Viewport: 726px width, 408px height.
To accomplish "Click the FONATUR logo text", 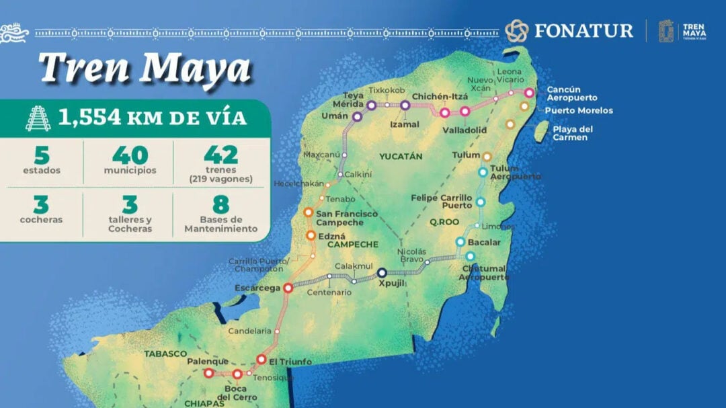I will (x=583, y=30).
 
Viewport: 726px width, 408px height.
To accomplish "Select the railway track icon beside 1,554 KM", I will (x=38, y=118).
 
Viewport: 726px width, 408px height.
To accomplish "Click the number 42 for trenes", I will (x=221, y=155).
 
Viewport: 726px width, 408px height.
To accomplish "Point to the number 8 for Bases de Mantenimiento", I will (x=220, y=204).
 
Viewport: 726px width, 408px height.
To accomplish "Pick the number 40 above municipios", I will (x=130, y=155).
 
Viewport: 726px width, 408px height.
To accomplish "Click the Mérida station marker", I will (x=371, y=105).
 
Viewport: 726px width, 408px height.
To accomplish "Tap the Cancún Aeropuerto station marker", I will (x=530, y=93).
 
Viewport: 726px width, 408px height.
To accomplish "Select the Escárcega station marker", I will (x=288, y=288).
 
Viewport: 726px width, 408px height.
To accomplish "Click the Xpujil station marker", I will (x=382, y=273).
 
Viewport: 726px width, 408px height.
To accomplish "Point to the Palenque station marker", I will (x=208, y=372).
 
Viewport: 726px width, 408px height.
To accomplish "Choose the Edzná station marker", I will (x=311, y=235).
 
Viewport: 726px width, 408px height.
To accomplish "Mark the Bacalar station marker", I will (x=460, y=241).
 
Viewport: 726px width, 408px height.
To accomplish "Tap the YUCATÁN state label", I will (x=401, y=156).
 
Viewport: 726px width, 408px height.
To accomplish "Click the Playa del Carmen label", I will (x=570, y=133).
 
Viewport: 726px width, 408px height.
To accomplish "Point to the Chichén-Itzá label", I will (x=440, y=97).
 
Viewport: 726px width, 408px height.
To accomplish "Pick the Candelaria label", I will (x=250, y=331).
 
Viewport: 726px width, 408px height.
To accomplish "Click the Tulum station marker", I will (x=487, y=156).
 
